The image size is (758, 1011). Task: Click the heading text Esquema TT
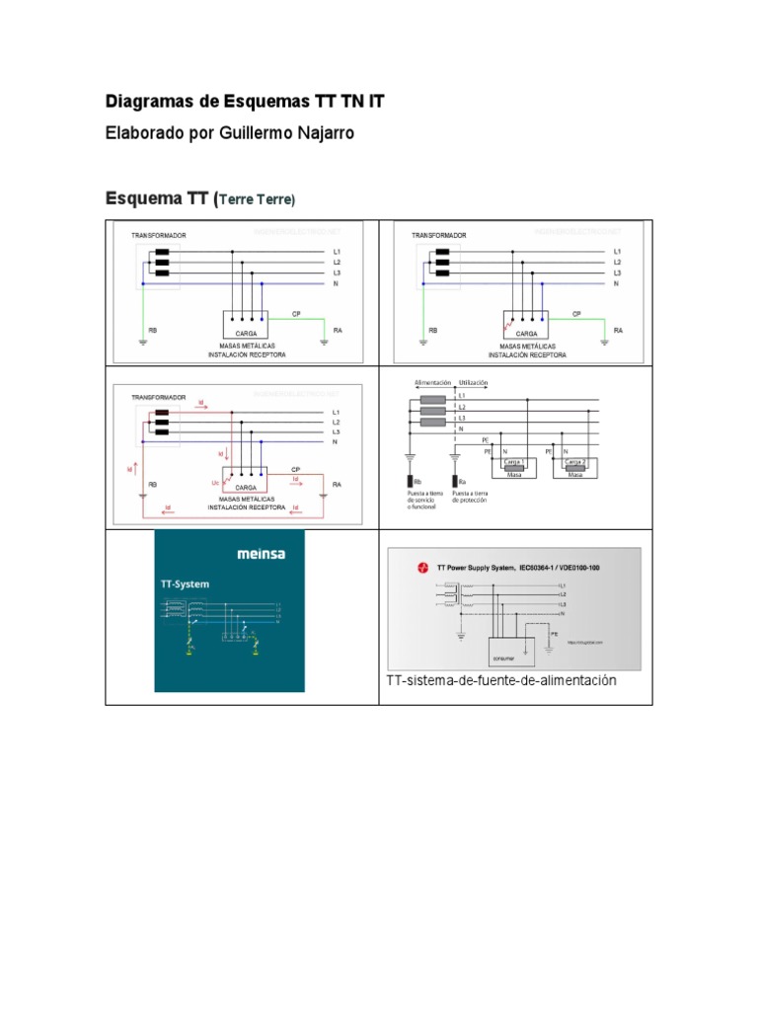coord(155,198)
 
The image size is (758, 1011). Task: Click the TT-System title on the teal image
coord(186,583)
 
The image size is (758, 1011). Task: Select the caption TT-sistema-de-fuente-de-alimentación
coord(501,681)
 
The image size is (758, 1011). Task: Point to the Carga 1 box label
coord(513,461)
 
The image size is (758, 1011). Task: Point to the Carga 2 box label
coord(574,461)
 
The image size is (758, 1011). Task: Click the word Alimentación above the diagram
coord(432,381)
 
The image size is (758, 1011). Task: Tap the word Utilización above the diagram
coord(473,381)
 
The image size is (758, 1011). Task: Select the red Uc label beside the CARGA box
coord(215,483)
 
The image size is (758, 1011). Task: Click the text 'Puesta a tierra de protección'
coord(470,497)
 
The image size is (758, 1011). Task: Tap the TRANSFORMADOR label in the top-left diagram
coord(159,235)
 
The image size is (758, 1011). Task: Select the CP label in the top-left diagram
coord(296,314)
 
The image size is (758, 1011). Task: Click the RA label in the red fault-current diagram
coord(337,485)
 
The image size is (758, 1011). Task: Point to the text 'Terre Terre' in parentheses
coord(256,199)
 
